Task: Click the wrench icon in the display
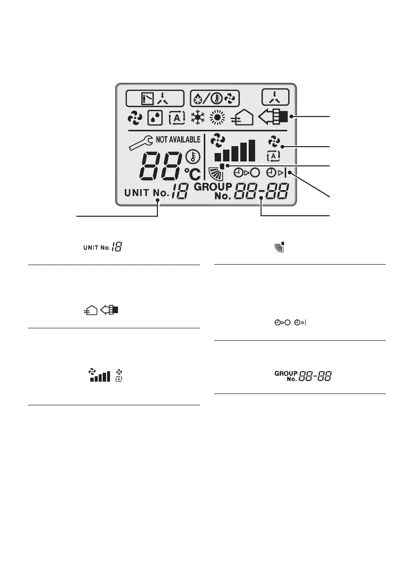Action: pyautogui.click(x=140, y=143)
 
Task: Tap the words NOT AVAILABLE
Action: pyautogui.click(x=178, y=139)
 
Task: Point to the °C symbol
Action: pyautogui.click(x=192, y=173)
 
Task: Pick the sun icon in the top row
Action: pyautogui.click(x=217, y=118)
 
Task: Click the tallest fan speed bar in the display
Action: pyautogui.click(x=252, y=150)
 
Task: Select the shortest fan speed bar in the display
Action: pyautogui.click(x=218, y=157)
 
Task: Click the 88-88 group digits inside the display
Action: pyautogui.click(x=262, y=192)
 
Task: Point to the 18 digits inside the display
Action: pyautogui.click(x=179, y=193)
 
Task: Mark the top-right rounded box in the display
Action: pyautogui.click(x=275, y=98)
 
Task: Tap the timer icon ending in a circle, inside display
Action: pyautogui.click(x=246, y=173)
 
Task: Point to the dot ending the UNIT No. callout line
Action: pyautogui.click(x=158, y=200)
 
